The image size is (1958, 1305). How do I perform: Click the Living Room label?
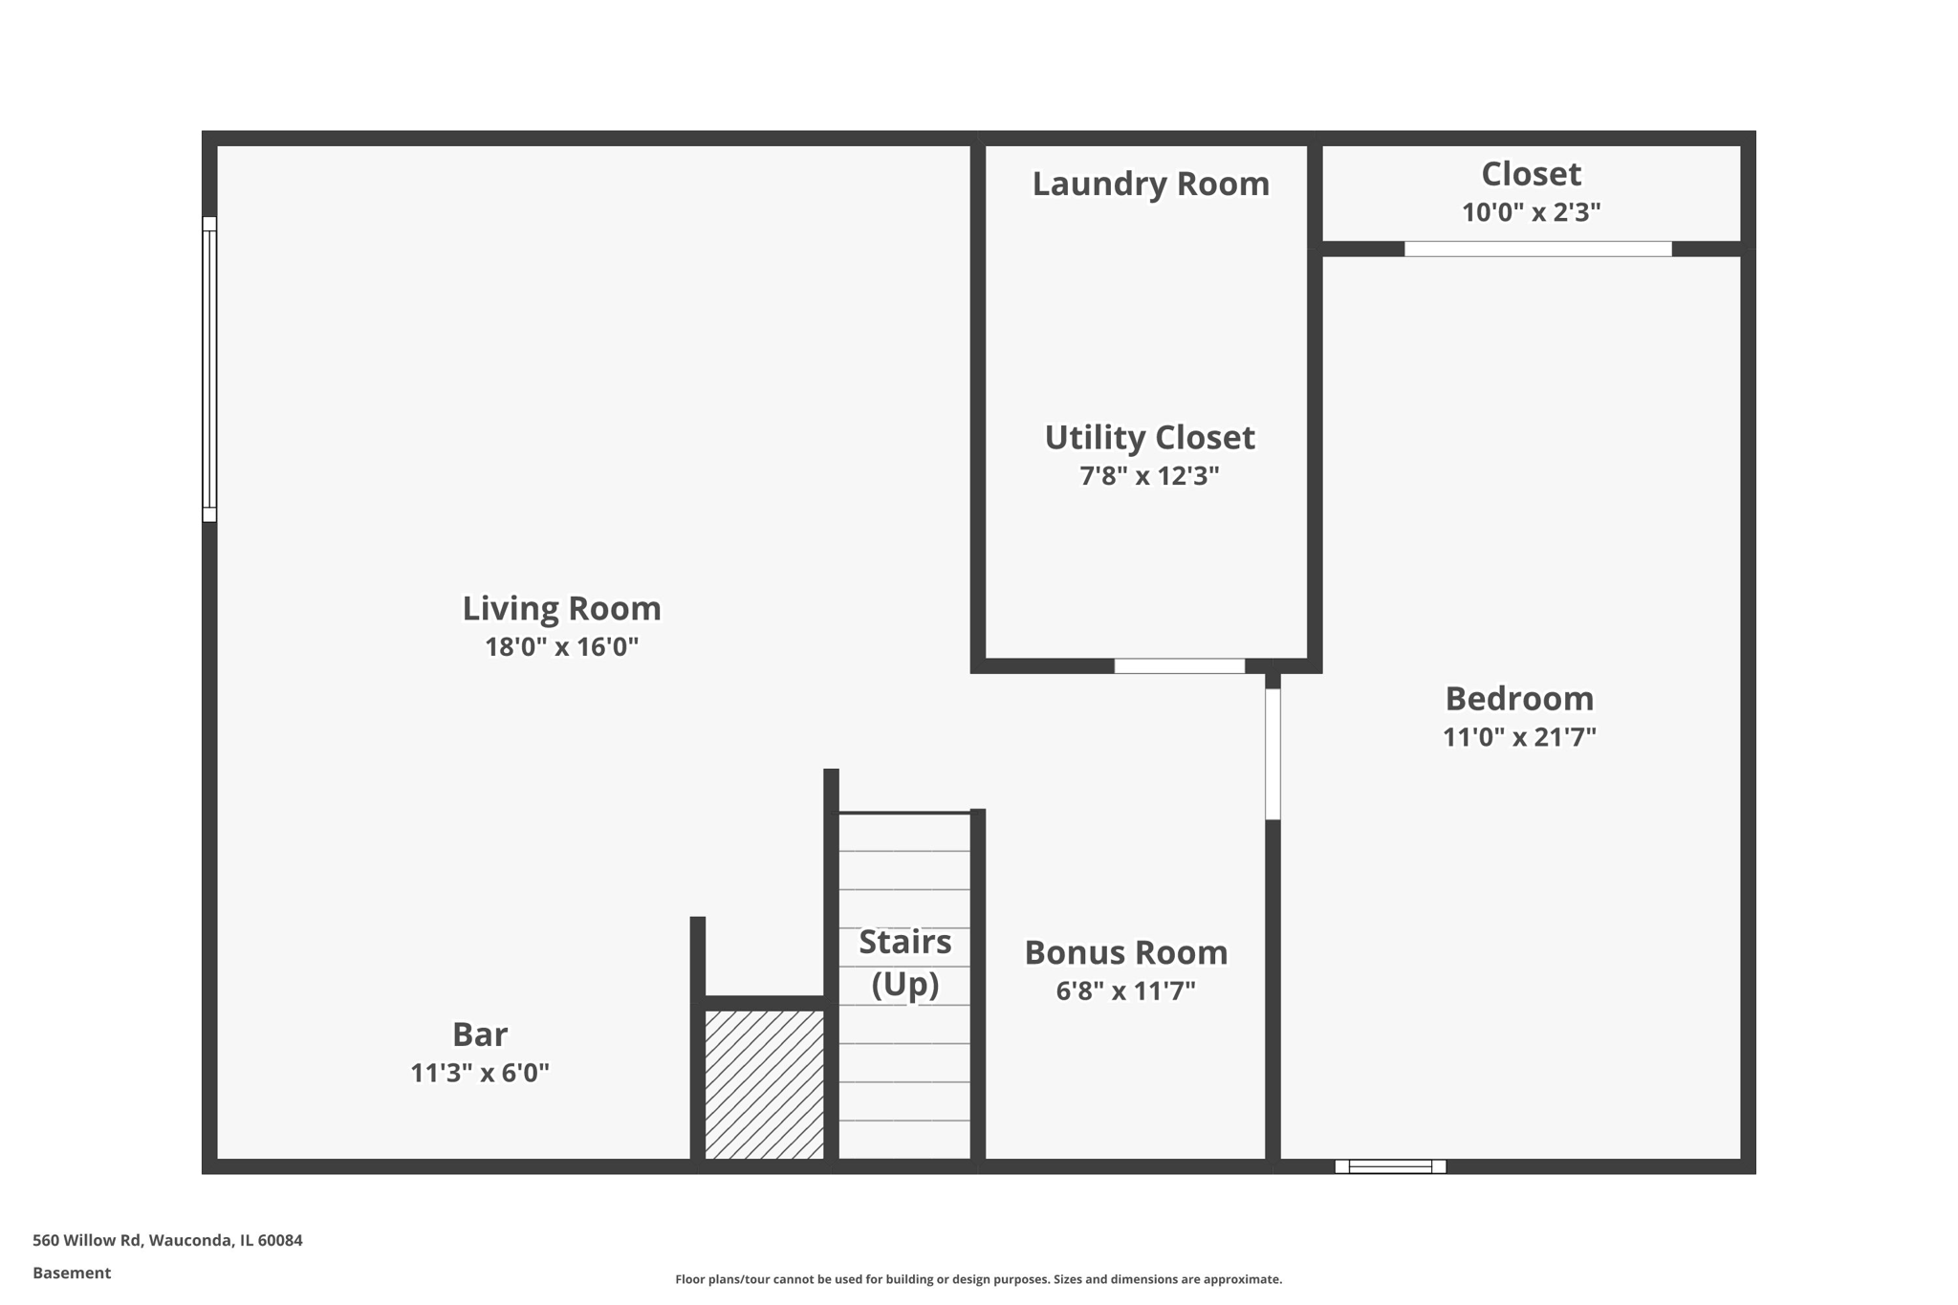(561, 608)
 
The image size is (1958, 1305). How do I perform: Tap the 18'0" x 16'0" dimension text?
(561, 647)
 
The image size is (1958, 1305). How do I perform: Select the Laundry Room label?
(1150, 184)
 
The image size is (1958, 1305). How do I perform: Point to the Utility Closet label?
(1149, 438)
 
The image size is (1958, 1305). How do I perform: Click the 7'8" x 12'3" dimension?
(1149, 476)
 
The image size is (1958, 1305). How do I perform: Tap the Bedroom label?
(1519, 699)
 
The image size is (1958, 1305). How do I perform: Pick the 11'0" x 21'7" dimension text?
(1519, 737)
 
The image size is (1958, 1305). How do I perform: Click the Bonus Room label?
(1125, 952)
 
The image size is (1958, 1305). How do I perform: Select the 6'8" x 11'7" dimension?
(1125, 991)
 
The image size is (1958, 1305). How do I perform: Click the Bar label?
(479, 1034)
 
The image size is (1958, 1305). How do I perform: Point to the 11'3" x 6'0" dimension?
(479, 1073)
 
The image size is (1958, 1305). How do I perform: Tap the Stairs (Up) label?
(904, 963)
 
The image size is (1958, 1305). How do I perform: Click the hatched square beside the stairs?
(764, 1085)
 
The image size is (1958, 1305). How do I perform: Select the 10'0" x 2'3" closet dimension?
(1531, 212)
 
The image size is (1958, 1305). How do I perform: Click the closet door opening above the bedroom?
(1537, 250)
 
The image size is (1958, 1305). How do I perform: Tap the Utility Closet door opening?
(1179, 666)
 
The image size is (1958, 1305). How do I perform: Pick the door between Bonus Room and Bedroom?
(1273, 753)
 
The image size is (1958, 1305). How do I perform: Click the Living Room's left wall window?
(209, 369)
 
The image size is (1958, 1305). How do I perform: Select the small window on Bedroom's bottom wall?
(1390, 1166)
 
